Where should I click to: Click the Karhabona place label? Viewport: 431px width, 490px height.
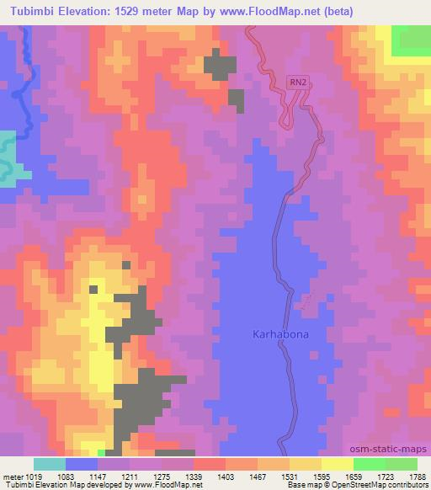pos(280,334)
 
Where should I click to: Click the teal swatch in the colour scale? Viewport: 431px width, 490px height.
pos(50,464)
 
